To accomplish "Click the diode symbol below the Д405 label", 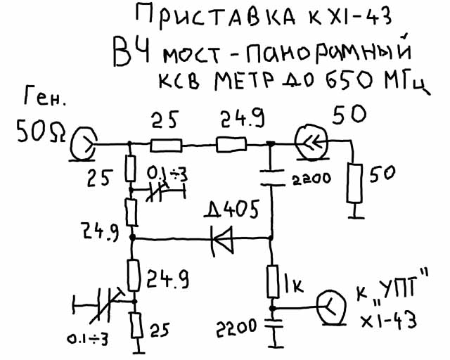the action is (x=222, y=239).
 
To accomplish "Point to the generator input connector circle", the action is (x=83, y=143).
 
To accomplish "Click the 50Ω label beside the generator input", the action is (x=41, y=131).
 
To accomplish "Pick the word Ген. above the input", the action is (x=44, y=96).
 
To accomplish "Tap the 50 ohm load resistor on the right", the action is (x=354, y=183).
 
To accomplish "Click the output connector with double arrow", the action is (x=311, y=141).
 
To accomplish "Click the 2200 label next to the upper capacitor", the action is (x=311, y=179).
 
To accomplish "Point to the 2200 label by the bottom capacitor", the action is (x=236, y=327).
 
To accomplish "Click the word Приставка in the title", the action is (x=216, y=18).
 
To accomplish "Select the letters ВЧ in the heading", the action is (x=131, y=53).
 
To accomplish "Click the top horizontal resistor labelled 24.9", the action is (x=231, y=144).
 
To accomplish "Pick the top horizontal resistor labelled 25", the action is (x=166, y=146).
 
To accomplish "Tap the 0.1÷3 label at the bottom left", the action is (x=88, y=340).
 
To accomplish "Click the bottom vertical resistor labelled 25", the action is (x=137, y=326).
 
